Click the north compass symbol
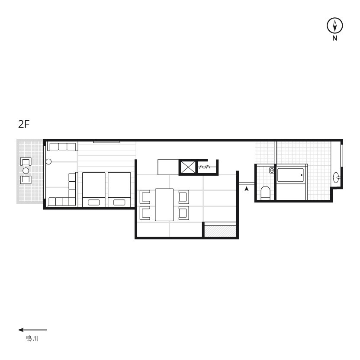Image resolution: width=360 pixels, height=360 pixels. pyautogui.click(x=335, y=26)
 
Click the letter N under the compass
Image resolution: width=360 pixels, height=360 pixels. pyautogui.click(x=335, y=39)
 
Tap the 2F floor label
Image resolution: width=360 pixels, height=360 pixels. pyautogui.click(x=24, y=125)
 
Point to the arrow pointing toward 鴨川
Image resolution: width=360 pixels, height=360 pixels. pyautogui.click(x=32, y=330)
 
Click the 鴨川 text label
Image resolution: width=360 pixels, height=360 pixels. pyautogui.click(x=32, y=339)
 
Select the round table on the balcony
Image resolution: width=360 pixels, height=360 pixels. pyautogui.click(x=26, y=170)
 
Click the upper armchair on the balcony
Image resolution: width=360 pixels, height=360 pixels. pyautogui.click(x=26, y=162)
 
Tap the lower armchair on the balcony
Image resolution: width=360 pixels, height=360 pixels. pyautogui.click(x=26, y=180)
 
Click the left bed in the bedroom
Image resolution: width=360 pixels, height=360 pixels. pyautogui.click(x=93, y=190)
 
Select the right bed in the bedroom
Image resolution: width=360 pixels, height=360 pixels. pyautogui.click(x=119, y=190)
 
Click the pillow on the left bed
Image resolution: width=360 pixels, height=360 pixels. pyautogui.click(x=93, y=202)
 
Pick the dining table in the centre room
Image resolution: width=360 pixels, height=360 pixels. pyautogui.click(x=164, y=205)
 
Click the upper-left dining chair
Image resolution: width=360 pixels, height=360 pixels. pyautogui.click(x=145, y=197)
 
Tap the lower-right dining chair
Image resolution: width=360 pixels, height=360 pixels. pyautogui.click(x=183, y=213)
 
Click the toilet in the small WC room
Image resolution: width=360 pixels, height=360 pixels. pyautogui.click(x=265, y=193)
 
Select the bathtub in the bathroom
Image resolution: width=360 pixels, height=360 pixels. pyautogui.click(x=290, y=175)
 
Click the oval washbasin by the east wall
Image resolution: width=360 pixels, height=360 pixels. pyautogui.click(x=336, y=177)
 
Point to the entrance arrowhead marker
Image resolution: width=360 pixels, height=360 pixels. pyautogui.click(x=247, y=189)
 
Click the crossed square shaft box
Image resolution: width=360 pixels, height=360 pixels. pyautogui.click(x=188, y=167)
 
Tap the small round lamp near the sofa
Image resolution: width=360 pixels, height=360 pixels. pyautogui.click(x=48, y=162)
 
